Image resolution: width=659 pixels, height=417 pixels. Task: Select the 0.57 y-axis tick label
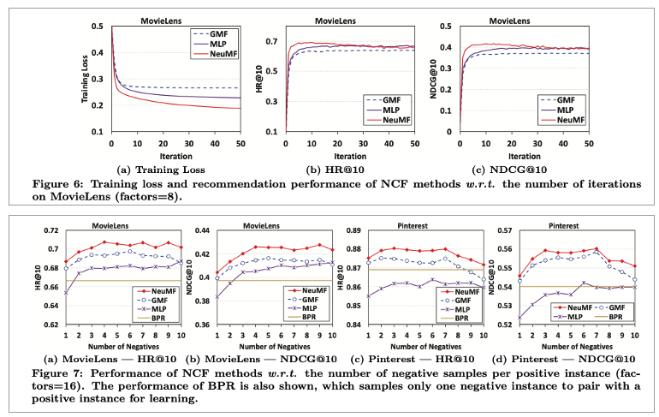point(505,231)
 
